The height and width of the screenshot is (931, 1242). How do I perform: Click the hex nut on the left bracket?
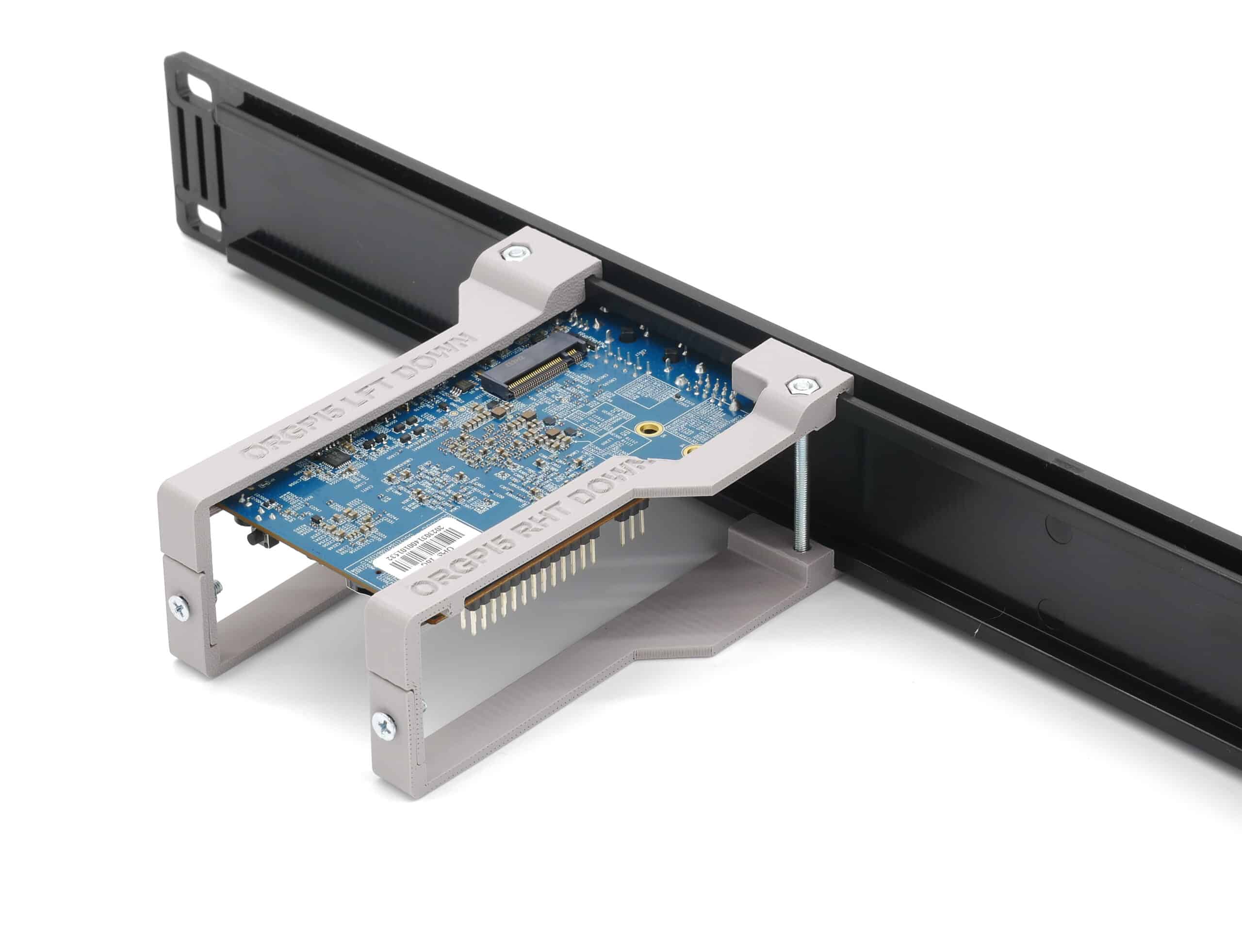coord(514,254)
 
